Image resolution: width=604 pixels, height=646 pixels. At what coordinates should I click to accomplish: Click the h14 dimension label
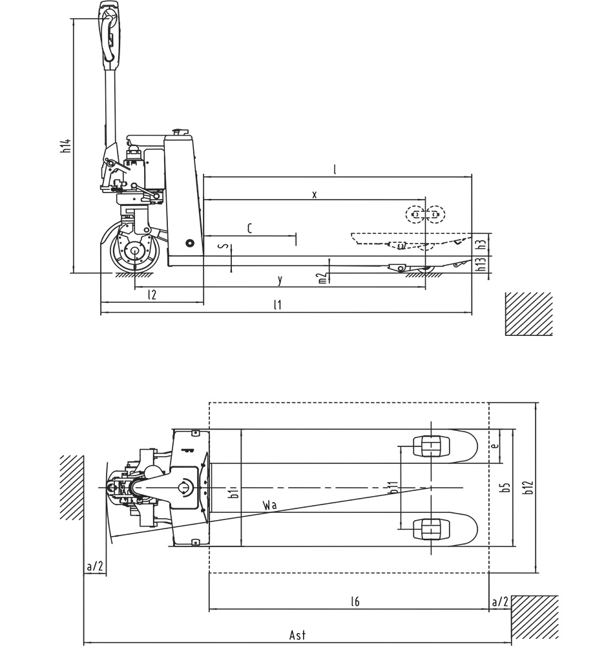pyautogui.click(x=65, y=146)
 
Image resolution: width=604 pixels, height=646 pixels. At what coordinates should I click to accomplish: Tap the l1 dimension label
pyautogui.click(x=278, y=305)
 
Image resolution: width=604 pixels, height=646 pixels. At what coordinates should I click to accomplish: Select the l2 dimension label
pyautogui.click(x=152, y=295)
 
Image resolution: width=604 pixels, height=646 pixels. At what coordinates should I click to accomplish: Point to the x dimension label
pyautogui.click(x=315, y=194)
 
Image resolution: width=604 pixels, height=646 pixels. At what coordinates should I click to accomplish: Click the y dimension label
pyautogui.click(x=280, y=280)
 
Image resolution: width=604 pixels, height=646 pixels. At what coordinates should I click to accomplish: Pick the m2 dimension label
pyautogui.click(x=323, y=278)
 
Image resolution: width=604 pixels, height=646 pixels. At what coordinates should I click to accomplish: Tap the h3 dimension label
pyautogui.click(x=481, y=244)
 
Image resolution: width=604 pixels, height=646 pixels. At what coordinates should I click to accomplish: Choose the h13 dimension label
pyautogui.click(x=481, y=264)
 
